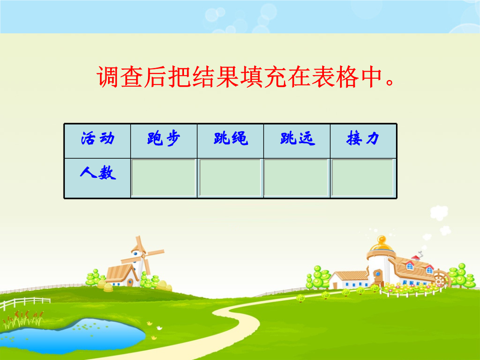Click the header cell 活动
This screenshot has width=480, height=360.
click(98, 141)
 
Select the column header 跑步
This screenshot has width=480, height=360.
click(164, 141)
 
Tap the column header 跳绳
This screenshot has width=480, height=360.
click(230, 141)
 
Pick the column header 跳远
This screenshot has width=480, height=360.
click(297, 141)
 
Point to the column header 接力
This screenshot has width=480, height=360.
click(364, 141)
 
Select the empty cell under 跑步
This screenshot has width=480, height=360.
click(164, 178)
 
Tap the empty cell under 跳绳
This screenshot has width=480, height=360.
click(230, 178)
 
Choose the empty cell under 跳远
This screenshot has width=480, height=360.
click(296, 178)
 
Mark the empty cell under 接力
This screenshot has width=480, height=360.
click(363, 178)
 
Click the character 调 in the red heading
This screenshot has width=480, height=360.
click(108, 76)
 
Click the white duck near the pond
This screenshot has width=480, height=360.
click(159, 328)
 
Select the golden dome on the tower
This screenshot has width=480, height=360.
click(381, 244)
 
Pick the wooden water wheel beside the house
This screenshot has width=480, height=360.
click(441, 278)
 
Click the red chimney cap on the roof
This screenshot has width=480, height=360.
click(416, 257)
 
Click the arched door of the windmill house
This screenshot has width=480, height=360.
click(130, 282)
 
